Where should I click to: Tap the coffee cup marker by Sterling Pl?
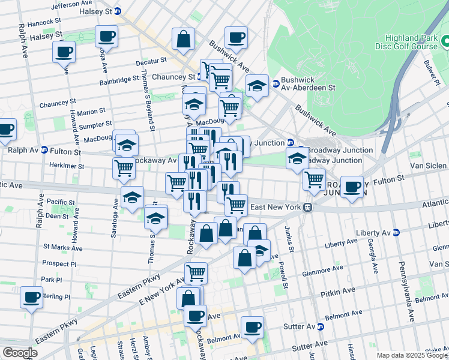point(31,297)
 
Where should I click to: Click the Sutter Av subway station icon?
point(320,327)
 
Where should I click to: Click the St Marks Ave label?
point(62,247)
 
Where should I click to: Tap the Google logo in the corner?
point(19,353)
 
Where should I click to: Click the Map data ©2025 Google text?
point(412,355)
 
